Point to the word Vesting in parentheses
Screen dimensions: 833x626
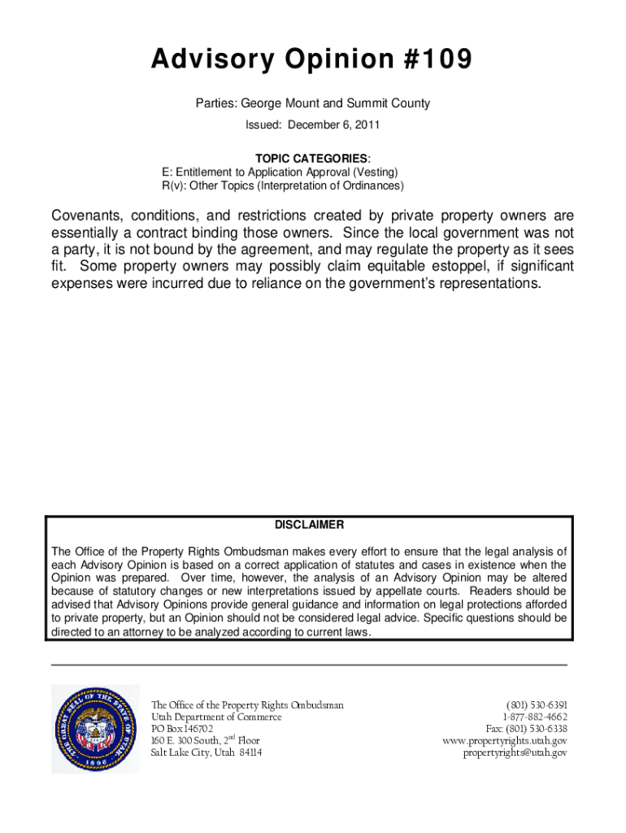pyautogui.click(x=376, y=172)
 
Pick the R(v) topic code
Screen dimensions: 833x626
pyautogui.click(x=174, y=185)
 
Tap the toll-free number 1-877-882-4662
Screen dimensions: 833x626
pyautogui.click(x=534, y=717)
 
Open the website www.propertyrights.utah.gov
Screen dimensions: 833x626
pyautogui.click(x=504, y=741)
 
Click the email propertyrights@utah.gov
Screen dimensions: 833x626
pyautogui.click(x=515, y=752)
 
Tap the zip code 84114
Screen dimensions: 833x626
pyautogui.click(x=249, y=752)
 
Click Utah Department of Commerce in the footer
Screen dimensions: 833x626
pyautogui.click(x=216, y=717)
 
